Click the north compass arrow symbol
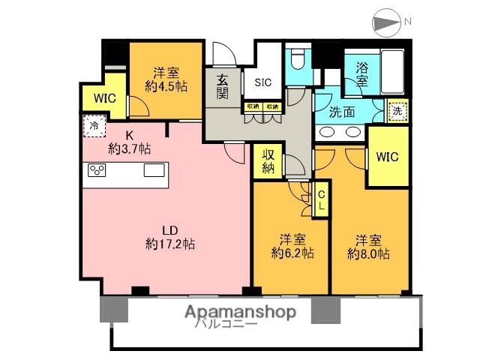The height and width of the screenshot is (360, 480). coord(385,22)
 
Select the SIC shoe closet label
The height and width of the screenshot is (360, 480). coord(264,82)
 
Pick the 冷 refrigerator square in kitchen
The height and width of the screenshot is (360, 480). coord(94,125)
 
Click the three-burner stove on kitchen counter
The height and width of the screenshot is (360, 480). coord(97,169)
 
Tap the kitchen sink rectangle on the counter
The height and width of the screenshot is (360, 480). coord(154,169)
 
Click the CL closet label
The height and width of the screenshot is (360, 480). coord(322,199)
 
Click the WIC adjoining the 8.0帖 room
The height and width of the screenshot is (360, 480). coord(387,157)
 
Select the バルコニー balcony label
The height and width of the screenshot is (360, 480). coord(226,324)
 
